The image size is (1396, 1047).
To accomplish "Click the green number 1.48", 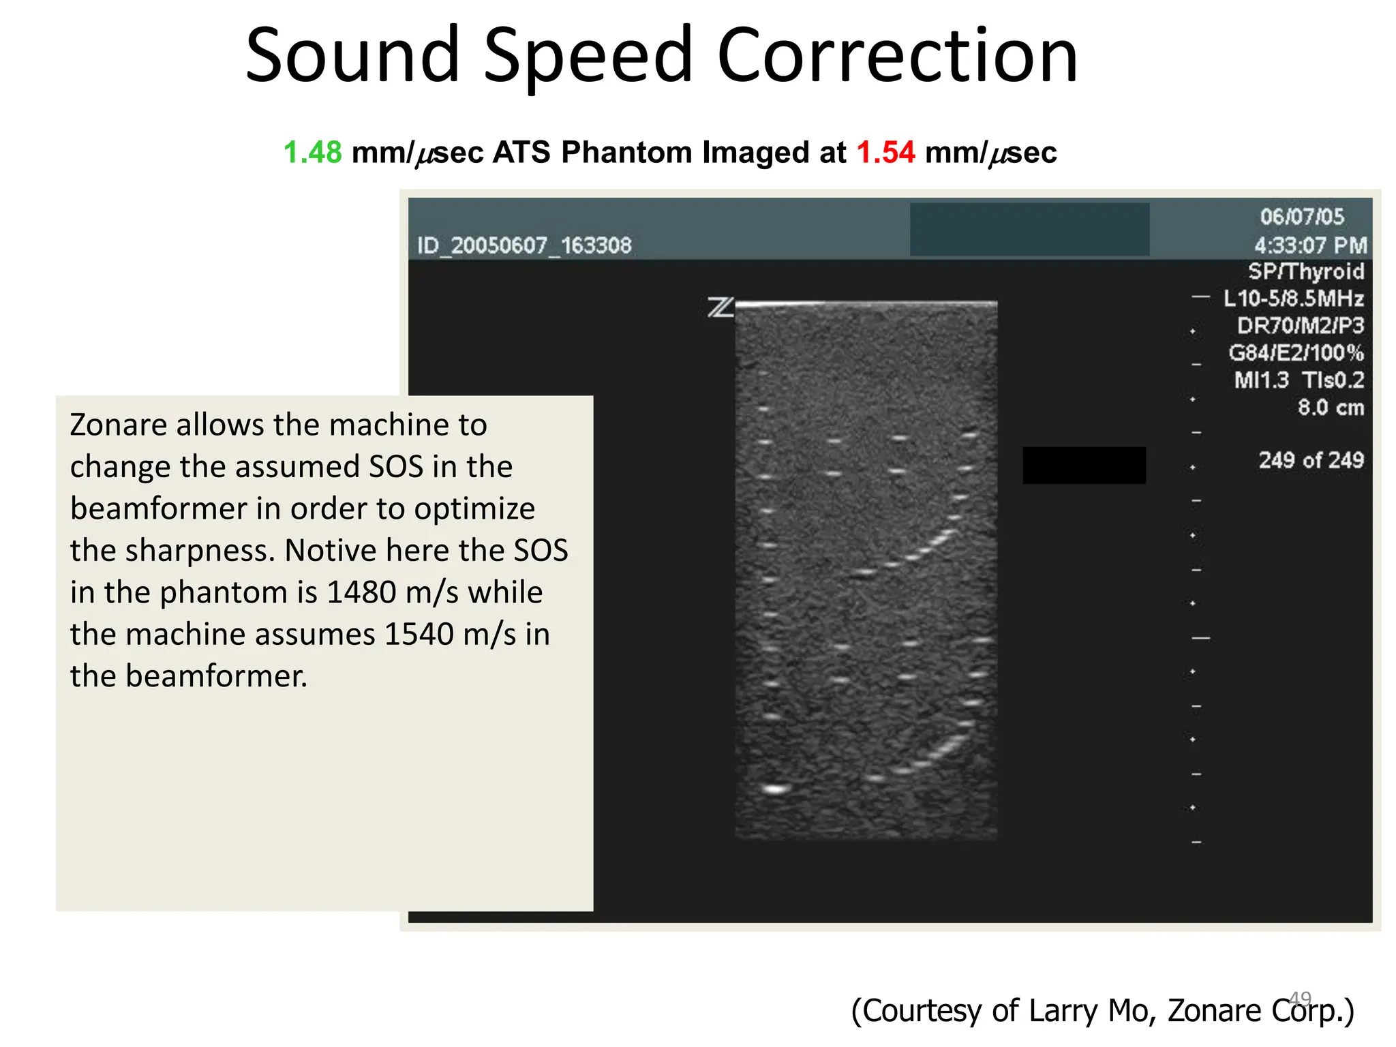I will coord(312,152).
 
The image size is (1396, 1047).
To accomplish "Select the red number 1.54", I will coord(885,152).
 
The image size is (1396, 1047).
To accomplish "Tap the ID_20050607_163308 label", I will coord(524,245).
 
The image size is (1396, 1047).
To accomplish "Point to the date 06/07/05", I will coord(1301,217).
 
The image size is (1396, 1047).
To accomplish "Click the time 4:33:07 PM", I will coord(1310,245).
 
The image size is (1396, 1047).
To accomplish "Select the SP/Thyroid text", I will coord(1305,271).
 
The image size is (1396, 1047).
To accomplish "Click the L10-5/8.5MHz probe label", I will coord(1293,299).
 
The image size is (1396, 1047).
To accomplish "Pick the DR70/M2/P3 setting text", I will coord(1300,326).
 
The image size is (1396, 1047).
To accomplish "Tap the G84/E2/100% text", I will coord(1296,353).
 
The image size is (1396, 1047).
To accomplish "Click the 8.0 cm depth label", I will coord(1330,408).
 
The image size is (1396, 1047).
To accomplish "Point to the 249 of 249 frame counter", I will coord(1311,460).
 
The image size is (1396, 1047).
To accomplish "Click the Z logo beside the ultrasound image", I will coord(720,307).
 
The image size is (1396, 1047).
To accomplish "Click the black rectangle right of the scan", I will coord(1084,466).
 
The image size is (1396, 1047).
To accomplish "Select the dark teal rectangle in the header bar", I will coord(1029,230).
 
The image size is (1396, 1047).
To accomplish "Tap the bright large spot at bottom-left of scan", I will coord(775,789).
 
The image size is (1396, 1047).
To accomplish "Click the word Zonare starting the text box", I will coord(118,425).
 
